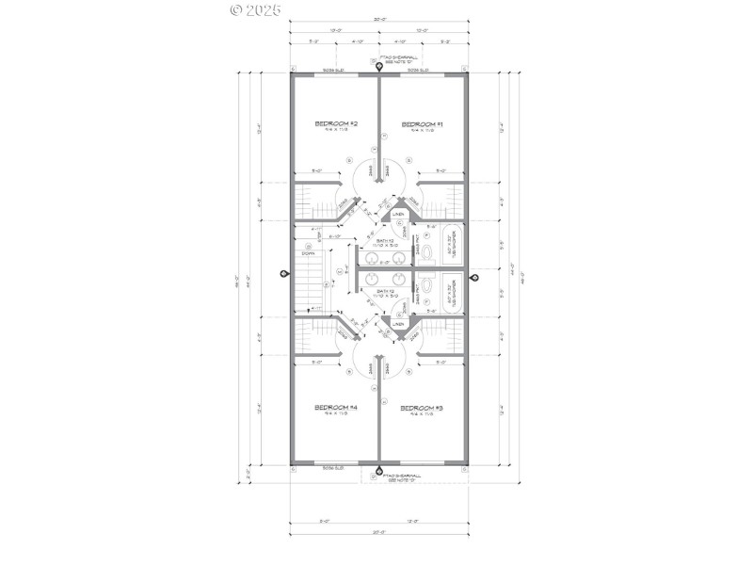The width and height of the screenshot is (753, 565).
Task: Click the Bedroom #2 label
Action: (x=336, y=124)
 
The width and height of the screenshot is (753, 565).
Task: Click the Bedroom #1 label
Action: (x=422, y=124)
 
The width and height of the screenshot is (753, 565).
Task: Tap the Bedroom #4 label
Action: (x=336, y=408)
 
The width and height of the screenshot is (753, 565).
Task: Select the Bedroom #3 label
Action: (x=422, y=408)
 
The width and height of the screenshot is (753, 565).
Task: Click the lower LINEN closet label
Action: (x=398, y=325)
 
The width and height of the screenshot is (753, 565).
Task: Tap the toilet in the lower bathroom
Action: (x=426, y=284)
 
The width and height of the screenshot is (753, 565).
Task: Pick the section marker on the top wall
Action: (x=378, y=67)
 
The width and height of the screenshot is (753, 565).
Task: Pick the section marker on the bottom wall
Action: (x=378, y=472)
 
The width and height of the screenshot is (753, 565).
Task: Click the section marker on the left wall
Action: (x=285, y=273)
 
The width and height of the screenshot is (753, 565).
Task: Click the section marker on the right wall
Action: (x=474, y=277)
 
